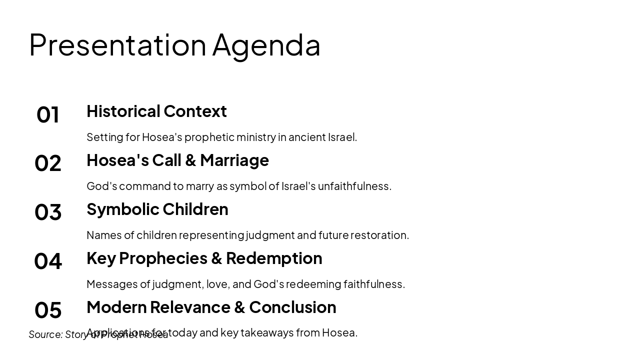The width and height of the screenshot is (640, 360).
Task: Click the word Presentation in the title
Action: tap(117, 44)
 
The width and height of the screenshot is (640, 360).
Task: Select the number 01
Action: tap(48, 114)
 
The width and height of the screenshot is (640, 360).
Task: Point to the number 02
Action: tap(48, 163)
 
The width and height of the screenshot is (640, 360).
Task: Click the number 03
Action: tap(48, 212)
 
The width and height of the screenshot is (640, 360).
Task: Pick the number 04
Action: tap(48, 261)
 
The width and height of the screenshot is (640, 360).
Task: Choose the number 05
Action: tap(48, 310)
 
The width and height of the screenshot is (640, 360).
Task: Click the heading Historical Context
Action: tap(156, 111)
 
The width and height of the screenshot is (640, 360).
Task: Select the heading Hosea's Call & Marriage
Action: tap(177, 160)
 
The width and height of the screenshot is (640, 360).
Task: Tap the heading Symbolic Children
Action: tap(157, 209)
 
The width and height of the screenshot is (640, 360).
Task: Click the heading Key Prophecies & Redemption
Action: tap(204, 258)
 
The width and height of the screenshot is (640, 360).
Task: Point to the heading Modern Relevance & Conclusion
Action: tap(211, 307)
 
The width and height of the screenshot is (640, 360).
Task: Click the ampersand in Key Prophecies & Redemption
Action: tap(216, 258)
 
